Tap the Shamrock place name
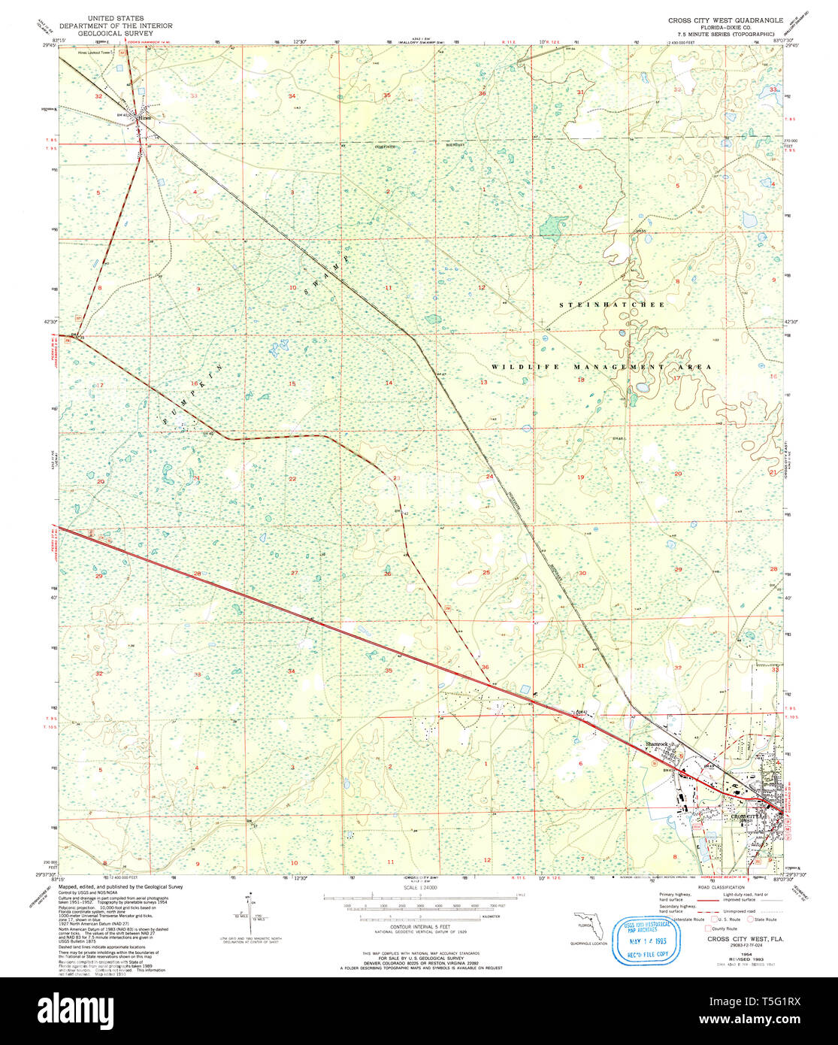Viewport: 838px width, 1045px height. (x=657, y=744)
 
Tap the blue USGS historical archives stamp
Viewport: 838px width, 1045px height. (x=646, y=940)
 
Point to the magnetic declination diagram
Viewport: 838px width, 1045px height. (x=250, y=914)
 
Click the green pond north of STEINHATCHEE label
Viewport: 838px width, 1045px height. (x=555, y=225)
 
